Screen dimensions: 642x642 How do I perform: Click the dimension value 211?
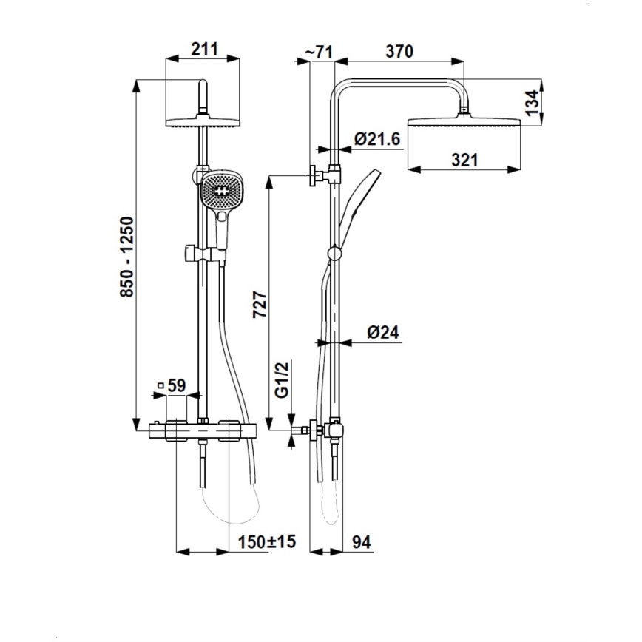click(x=204, y=50)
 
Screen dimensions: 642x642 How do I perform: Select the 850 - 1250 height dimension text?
click(x=126, y=257)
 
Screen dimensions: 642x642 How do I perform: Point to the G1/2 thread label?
click(x=282, y=380)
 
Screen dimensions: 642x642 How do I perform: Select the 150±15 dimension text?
click(x=266, y=542)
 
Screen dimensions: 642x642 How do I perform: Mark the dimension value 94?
click(x=361, y=542)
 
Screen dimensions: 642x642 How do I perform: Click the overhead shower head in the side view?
click(x=463, y=121)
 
